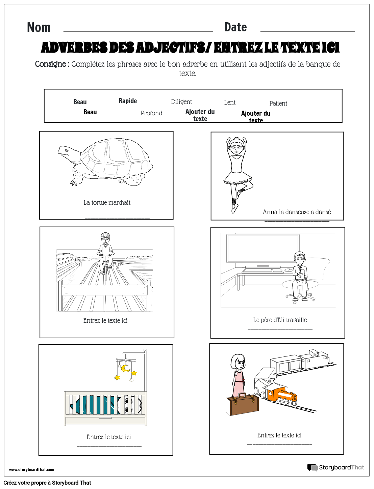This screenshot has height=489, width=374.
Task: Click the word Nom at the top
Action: coord(39,28)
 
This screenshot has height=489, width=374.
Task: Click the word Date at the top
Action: coord(235,27)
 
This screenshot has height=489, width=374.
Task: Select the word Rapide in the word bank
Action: coord(128,101)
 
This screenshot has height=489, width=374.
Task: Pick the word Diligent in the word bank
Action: coord(181,102)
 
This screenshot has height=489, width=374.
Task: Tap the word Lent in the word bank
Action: coord(230,103)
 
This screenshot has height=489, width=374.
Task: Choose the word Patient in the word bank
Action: coord(278,104)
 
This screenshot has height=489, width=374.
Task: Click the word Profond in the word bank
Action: coord(151,113)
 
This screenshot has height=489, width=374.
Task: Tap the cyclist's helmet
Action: coord(105,235)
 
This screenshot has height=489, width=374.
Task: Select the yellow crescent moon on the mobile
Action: coord(126,368)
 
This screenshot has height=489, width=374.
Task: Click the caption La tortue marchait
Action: coord(107,203)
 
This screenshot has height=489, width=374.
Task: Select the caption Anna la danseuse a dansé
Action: coord(297,212)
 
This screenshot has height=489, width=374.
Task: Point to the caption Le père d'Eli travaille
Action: coord(280,320)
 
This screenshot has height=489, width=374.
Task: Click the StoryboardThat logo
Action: coord(335,467)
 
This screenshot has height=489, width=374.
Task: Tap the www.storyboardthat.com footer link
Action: coord(31,469)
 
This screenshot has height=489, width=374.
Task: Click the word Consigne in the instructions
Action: coord(51,64)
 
